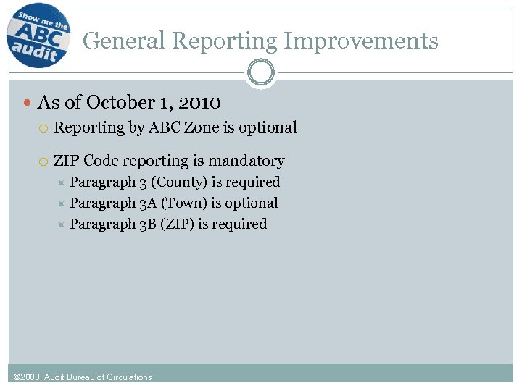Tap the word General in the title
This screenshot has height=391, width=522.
coord(124,41)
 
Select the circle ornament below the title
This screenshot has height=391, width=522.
coord(260,73)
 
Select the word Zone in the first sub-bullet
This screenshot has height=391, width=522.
coord(202,127)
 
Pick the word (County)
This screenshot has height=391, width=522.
coord(178,182)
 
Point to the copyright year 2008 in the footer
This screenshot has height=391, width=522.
coord(31,377)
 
